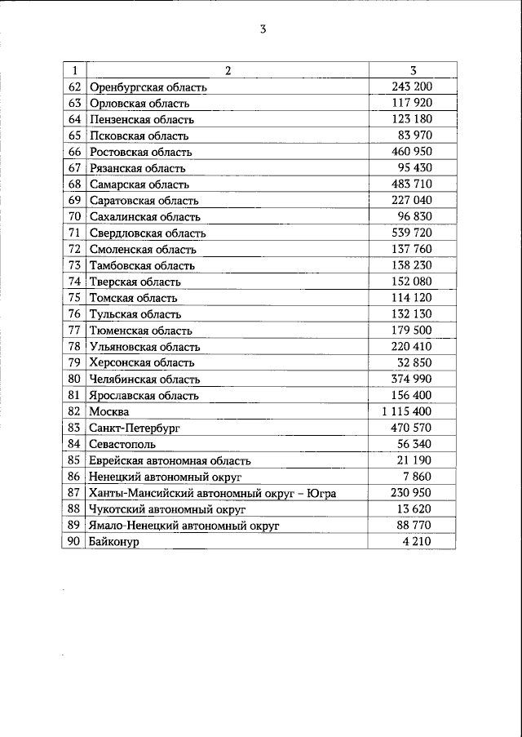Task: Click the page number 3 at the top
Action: pos(263,30)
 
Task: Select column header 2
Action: pos(228,70)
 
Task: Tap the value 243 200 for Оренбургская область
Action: pos(412,87)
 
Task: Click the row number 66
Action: pos(74,152)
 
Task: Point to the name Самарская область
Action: pos(139,184)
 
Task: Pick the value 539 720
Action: pos(412,233)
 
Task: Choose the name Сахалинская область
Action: pos(145,217)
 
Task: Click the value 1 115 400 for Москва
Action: pos(406,411)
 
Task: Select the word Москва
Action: pos(110,412)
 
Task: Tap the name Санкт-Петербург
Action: pos(135,428)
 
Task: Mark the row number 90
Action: pos(74,541)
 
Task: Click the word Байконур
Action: pos(115,542)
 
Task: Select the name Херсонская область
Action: pos(143,363)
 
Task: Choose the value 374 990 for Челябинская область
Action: pos(412,379)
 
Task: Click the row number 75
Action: pos(74,298)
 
